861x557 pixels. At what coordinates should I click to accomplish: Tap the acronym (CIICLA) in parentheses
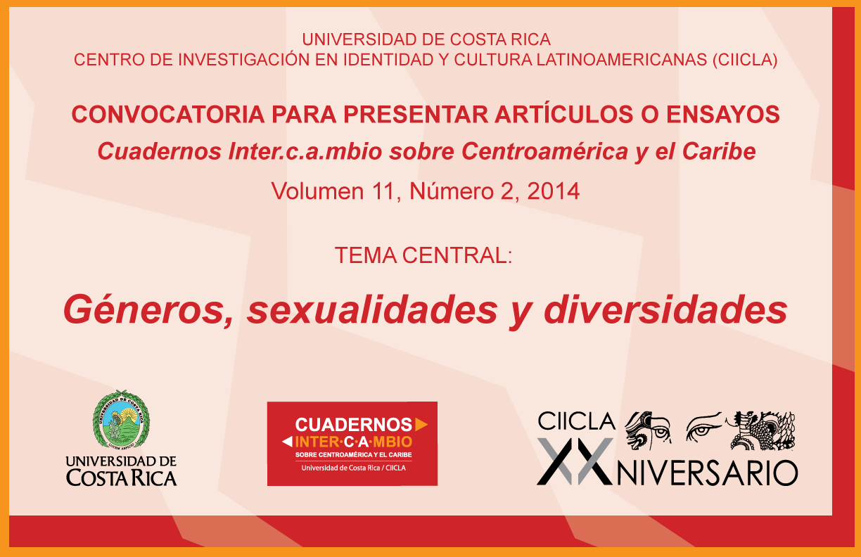tap(745, 60)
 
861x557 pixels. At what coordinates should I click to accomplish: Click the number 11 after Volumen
tap(385, 191)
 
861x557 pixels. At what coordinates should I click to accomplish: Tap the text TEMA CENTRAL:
tap(423, 255)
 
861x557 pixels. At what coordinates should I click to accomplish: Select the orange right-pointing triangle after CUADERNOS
tap(421, 424)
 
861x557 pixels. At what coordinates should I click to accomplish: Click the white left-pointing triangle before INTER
tap(287, 442)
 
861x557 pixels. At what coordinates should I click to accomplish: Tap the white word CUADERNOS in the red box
tap(354, 425)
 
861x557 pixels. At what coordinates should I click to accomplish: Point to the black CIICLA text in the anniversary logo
tap(576, 421)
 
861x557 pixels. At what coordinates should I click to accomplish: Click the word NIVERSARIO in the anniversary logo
tap(707, 473)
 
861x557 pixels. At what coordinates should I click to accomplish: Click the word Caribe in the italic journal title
tap(719, 151)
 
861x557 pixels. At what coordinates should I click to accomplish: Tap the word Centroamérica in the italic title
tap(544, 151)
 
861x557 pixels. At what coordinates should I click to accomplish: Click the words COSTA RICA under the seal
tap(121, 478)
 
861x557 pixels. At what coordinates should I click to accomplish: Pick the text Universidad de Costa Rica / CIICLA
tap(353, 468)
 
